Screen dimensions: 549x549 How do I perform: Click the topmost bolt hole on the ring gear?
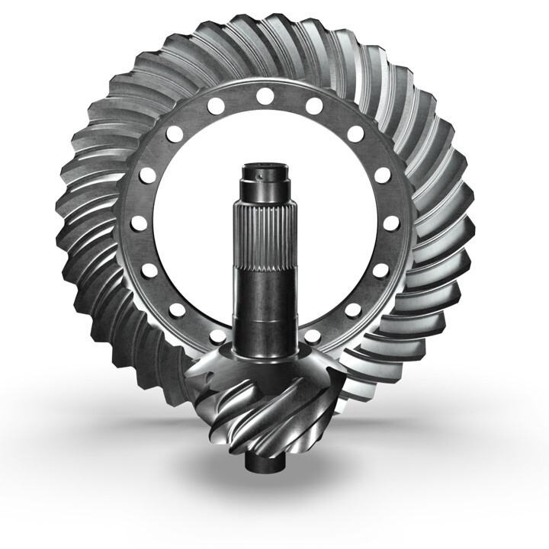[x=265, y=96]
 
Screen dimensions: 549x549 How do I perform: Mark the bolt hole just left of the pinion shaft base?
[x=218, y=336]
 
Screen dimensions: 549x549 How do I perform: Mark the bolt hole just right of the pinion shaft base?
[x=312, y=336]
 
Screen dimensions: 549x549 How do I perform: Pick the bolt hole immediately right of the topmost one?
[x=313, y=106]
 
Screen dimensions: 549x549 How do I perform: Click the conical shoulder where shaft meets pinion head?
[x=263, y=358]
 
